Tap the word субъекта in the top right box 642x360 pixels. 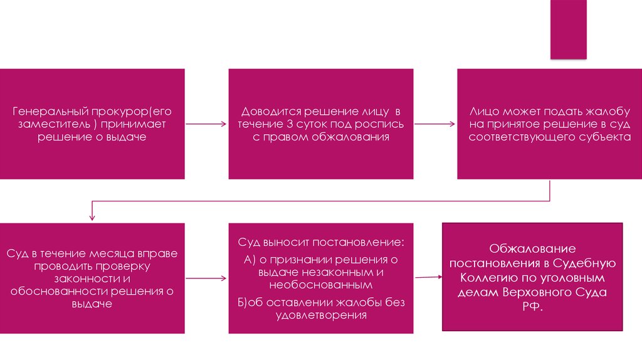(x=605, y=136)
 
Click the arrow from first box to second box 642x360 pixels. (x=206, y=124)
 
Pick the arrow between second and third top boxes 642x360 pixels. (x=435, y=124)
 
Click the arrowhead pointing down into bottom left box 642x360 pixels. (x=92, y=217)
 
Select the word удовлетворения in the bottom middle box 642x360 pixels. (x=320, y=315)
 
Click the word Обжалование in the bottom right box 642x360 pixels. (x=532, y=249)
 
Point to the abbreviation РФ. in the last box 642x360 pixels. (x=532, y=307)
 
